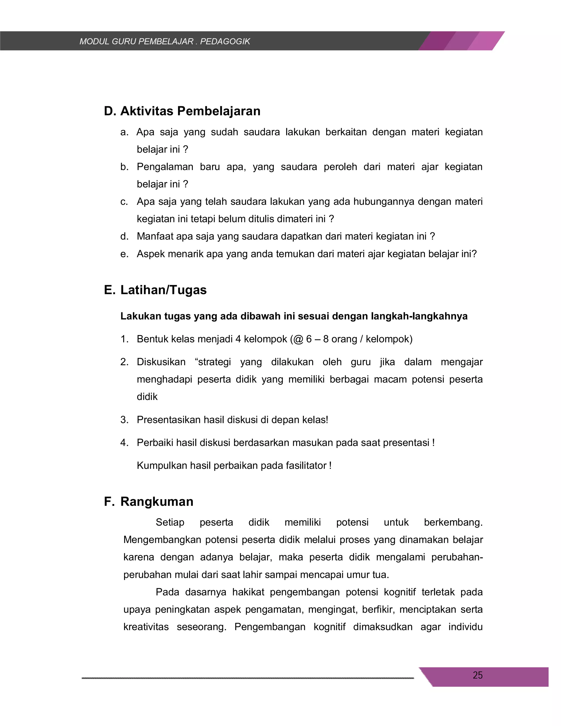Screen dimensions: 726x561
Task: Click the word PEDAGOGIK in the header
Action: pyautogui.click(x=225, y=42)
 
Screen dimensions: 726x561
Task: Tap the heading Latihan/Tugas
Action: pyautogui.click(x=163, y=290)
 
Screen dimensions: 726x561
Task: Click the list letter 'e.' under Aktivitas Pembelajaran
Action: pyautogui.click(x=124, y=254)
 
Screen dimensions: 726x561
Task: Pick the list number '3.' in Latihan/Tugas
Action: pyautogui.click(x=124, y=420)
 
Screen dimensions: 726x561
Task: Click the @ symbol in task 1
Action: pyautogui.click(x=298, y=339)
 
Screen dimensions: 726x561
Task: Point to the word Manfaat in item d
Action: pyautogui.click(x=155, y=236)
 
